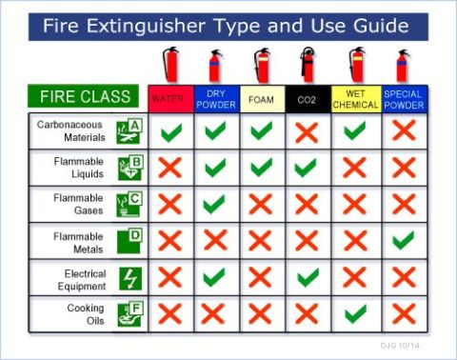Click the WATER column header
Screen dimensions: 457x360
click(171, 99)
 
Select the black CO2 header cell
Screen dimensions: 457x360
click(308, 99)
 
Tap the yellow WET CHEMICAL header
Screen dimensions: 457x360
click(356, 99)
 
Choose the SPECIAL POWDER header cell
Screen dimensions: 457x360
click(405, 99)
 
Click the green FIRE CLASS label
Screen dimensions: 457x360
click(83, 96)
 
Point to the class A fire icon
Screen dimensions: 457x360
click(129, 131)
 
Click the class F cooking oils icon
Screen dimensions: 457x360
click(130, 314)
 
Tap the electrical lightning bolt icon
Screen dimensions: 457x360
click(130, 278)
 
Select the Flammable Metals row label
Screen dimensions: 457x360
click(78, 243)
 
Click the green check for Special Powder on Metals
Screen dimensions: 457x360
click(404, 240)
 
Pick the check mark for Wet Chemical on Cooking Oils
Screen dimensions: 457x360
click(355, 313)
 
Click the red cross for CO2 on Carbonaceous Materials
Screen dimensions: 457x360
click(307, 133)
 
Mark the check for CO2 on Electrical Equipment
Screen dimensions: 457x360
click(308, 277)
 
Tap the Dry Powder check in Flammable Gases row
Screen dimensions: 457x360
click(214, 204)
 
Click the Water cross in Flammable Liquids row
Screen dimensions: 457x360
click(170, 168)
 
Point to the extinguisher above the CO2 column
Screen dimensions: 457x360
click(308, 65)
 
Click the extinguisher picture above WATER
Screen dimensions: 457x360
click(170, 65)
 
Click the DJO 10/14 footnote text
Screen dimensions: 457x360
click(400, 346)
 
